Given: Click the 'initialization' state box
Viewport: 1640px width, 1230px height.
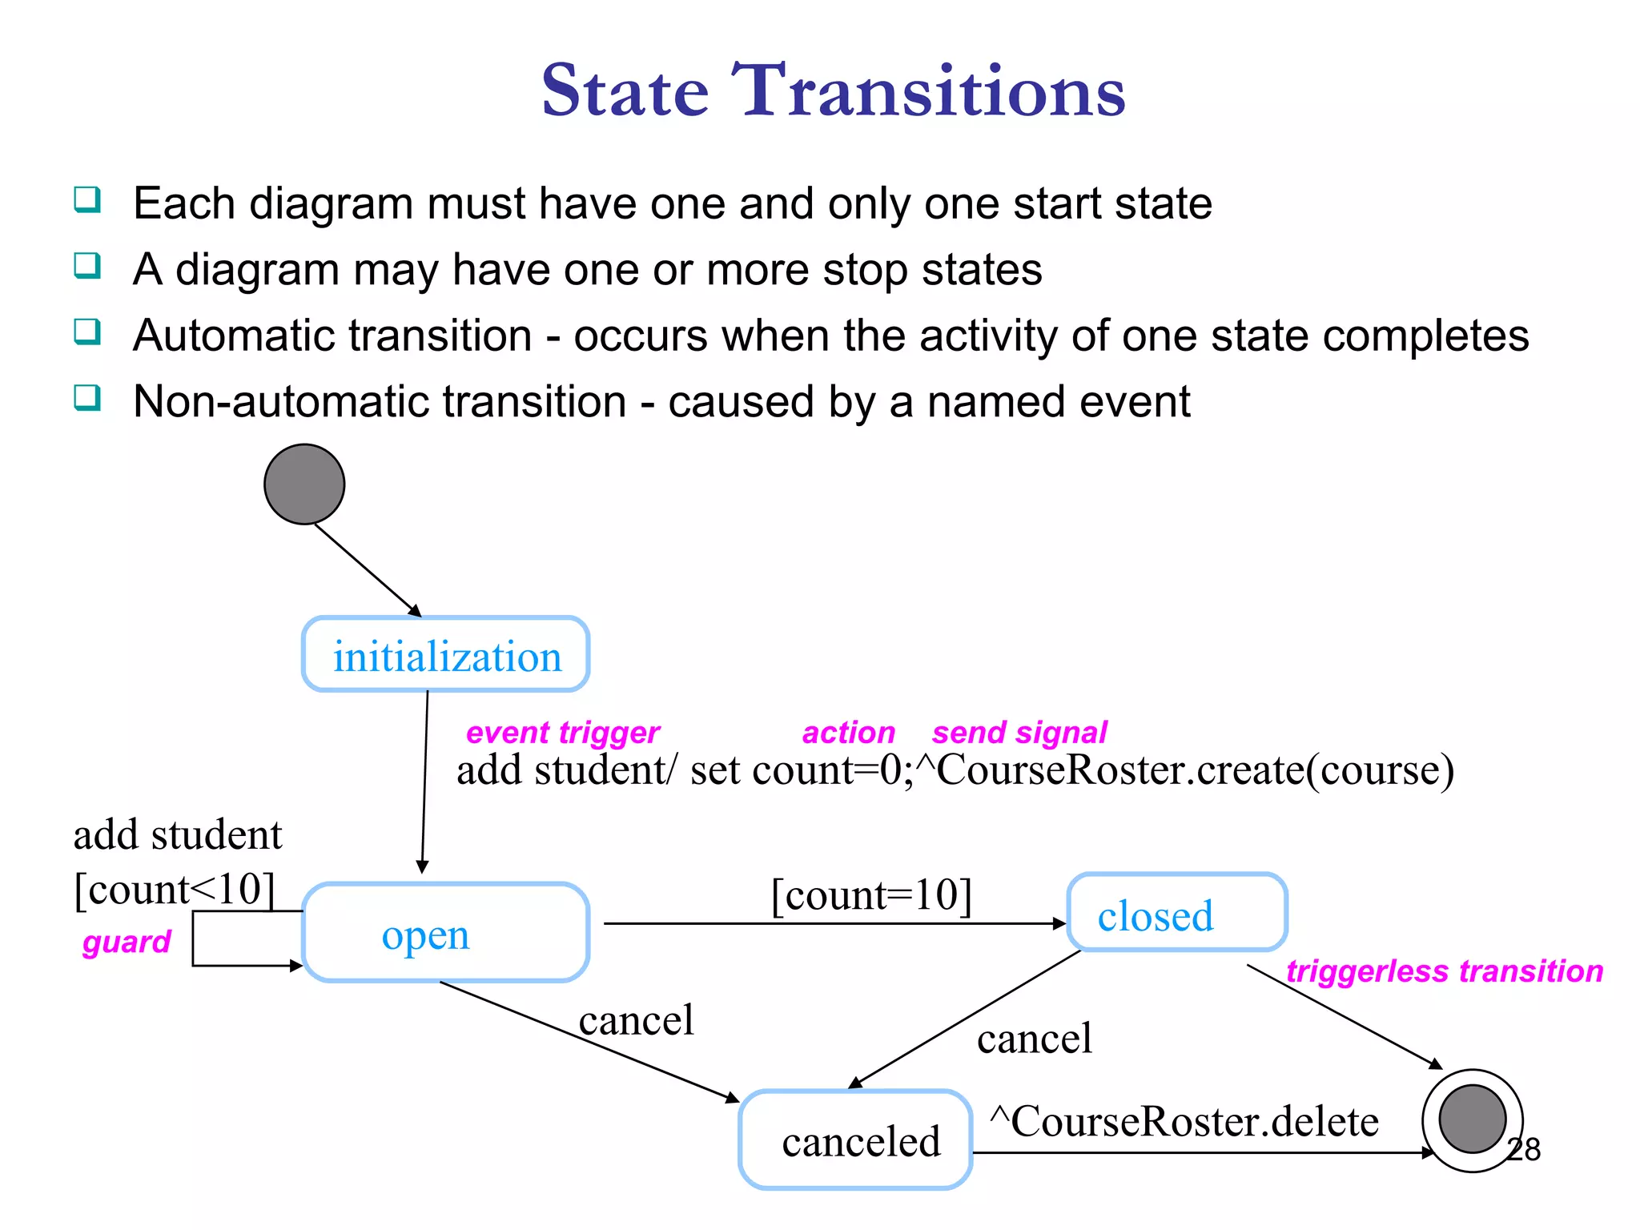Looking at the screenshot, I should [446, 654].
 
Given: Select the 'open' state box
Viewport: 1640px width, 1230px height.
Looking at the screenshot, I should [446, 933].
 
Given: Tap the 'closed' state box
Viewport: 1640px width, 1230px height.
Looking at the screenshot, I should [1177, 913].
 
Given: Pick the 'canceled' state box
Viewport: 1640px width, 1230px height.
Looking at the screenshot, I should [855, 1140].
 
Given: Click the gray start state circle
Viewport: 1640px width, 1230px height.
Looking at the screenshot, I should [304, 484].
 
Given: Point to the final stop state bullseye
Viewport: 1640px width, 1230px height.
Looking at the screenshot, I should [1472, 1119].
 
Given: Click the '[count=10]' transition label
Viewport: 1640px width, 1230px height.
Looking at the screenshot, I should [871, 894].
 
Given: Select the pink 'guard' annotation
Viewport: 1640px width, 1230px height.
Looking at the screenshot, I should [127, 942].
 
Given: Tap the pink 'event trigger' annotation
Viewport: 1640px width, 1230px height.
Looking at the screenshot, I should [563, 732].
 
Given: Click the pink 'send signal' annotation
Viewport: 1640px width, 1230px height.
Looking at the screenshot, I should [1019, 732].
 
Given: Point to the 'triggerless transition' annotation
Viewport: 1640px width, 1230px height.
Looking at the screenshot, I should [1445, 971].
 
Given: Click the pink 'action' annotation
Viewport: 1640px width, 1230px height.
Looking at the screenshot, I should [849, 732].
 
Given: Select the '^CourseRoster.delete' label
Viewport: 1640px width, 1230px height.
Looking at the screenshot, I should [1184, 1120].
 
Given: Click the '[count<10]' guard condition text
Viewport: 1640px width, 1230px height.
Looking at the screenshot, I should [175, 889].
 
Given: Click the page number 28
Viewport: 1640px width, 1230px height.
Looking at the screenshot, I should [1524, 1150].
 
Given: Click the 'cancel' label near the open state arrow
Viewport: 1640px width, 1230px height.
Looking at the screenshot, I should [636, 1020].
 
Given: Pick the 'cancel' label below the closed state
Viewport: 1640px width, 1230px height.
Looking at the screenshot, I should [1035, 1039].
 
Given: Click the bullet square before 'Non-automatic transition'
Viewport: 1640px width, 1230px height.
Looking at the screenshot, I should [87, 397].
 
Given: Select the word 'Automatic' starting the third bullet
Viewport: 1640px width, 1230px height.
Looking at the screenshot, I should [332, 335].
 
